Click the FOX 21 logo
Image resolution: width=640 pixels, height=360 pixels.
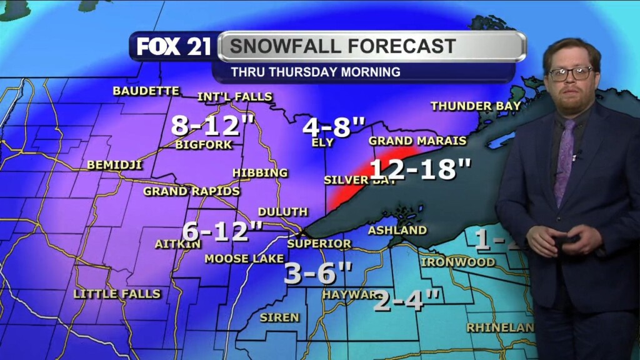pyautogui.click(x=174, y=47)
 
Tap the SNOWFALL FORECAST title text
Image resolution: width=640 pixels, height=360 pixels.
pyautogui.click(x=342, y=46)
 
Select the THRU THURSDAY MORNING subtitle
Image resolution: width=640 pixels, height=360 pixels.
pyautogui.click(x=316, y=72)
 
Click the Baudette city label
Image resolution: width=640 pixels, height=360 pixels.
pyautogui.click(x=146, y=91)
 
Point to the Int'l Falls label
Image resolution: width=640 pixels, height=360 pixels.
pyautogui.click(x=234, y=97)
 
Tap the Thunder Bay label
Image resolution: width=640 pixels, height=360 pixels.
pyautogui.click(x=475, y=106)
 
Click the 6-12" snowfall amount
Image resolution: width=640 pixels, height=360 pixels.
pyautogui.click(x=222, y=231)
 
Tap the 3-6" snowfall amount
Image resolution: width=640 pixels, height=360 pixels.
pyautogui.click(x=318, y=272)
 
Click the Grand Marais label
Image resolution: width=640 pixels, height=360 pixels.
pyautogui.click(x=417, y=141)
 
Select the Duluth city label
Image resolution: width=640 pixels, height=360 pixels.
pyautogui.click(x=282, y=212)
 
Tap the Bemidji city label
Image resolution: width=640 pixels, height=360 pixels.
pyautogui.click(x=115, y=165)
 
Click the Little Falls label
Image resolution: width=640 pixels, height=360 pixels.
pyautogui.click(x=117, y=294)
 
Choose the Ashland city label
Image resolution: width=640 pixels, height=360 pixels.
pyautogui.click(x=397, y=231)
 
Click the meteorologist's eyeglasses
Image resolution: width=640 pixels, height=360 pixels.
pyautogui.click(x=571, y=73)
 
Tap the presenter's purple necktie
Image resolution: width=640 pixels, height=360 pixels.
pyautogui.click(x=565, y=159)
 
